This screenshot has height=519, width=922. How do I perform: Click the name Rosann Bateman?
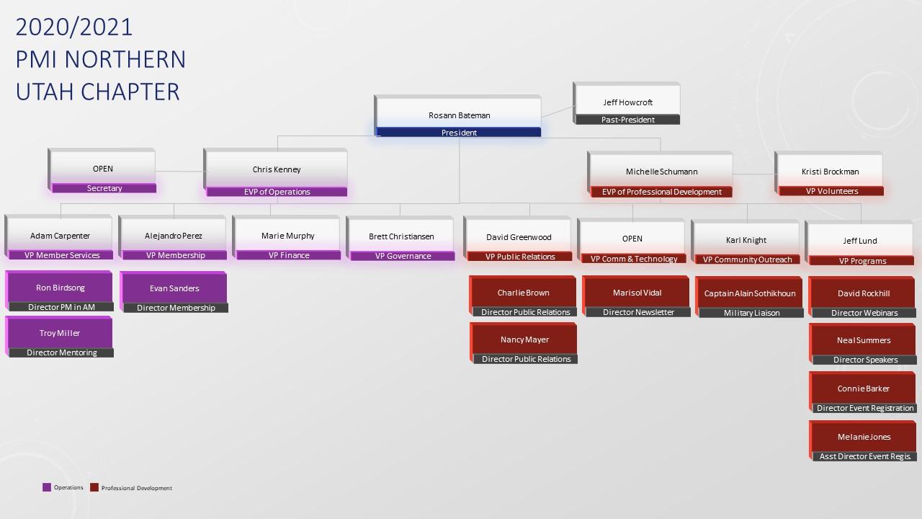(459, 115)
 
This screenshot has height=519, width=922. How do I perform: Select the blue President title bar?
(459, 133)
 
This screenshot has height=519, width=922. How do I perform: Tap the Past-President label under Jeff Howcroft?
(627, 120)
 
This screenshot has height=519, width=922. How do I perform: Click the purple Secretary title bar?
(104, 188)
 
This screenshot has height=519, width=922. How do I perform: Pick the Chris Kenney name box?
(277, 169)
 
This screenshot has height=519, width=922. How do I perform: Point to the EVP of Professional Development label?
(661, 192)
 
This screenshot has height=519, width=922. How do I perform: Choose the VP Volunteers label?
(831, 191)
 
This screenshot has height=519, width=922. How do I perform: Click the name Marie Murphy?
(288, 236)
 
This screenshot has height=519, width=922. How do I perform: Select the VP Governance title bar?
(403, 256)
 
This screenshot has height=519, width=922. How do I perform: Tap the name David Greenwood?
(519, 237)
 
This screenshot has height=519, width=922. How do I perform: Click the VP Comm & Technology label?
(634, 259)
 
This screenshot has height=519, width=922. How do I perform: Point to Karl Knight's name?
(746, 240)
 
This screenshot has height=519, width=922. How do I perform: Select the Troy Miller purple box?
(60, 333)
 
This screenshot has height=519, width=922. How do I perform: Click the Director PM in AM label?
(61, 307)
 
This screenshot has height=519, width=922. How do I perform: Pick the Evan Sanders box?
(174, 288)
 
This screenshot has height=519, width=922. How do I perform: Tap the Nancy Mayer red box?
(524, 340)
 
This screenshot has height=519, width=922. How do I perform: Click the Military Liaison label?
(751, 313)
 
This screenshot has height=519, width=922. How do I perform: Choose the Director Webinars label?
(864, 313)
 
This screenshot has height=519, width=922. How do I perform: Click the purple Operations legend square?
(47, 487)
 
